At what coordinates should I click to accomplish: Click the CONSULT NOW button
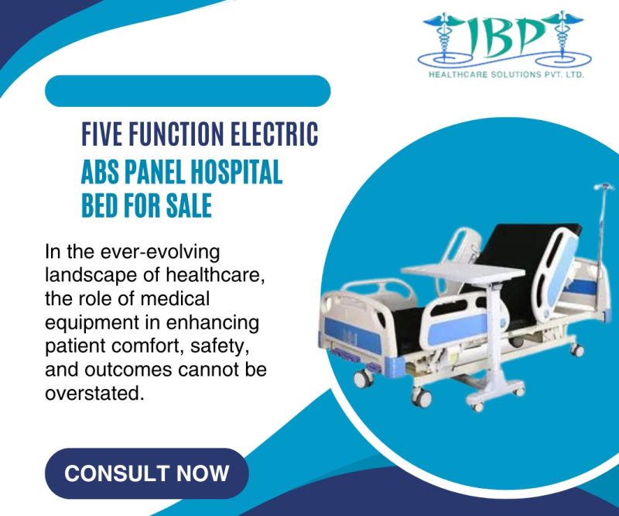[147, 473]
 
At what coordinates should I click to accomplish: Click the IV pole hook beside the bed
[603, 188]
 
